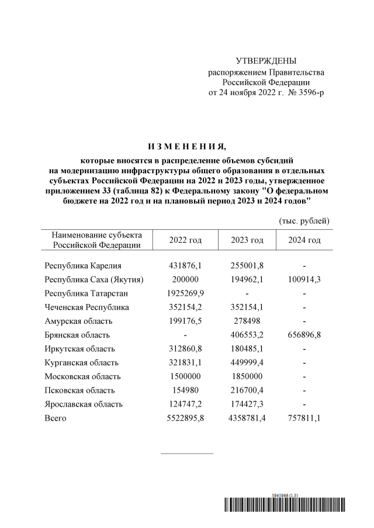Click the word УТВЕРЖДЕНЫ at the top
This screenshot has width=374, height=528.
[x=266, y=61]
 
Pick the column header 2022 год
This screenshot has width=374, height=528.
[x=185, y=240]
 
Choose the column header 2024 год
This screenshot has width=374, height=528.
[x=304, y=240]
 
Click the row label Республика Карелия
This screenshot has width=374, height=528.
[x=83, y=265]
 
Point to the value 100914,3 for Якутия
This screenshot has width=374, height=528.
[x=304, y=279]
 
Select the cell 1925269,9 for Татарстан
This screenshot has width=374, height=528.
[x=185, y=293]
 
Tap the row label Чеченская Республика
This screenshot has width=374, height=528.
[x=87, y=307]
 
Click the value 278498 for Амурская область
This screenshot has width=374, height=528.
[x=246, y=321]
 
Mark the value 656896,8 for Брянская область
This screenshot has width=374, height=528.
[x=304, y=335]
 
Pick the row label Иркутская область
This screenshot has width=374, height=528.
[x=82, y=349]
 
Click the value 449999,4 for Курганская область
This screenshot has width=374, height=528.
[x=246, y=363]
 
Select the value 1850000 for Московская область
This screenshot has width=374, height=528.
[x=246, y=376]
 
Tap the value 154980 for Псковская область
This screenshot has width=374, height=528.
[x=185, y=390]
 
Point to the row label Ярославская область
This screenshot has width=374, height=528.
[x=85, y=404]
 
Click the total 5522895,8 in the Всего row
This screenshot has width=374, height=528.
[x=185, y=418]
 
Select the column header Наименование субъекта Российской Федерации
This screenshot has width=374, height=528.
[x=93, y=240]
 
